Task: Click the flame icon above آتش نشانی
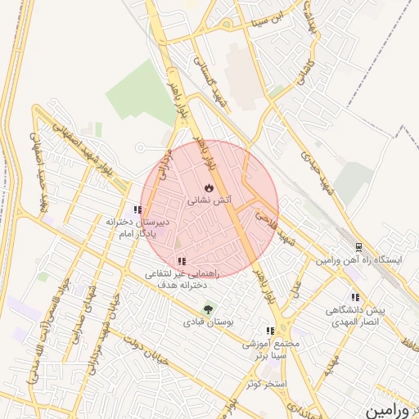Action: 209,187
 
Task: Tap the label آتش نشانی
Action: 209,200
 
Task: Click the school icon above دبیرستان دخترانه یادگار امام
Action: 137,210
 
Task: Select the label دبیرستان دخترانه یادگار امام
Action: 137,227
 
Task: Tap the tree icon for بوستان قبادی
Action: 208,309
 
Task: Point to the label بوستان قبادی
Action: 208,324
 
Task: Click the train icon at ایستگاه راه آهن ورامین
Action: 358,247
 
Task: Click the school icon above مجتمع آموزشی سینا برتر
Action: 271,331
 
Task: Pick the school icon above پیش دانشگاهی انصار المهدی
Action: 355,298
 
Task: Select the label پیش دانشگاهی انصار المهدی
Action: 354,316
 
